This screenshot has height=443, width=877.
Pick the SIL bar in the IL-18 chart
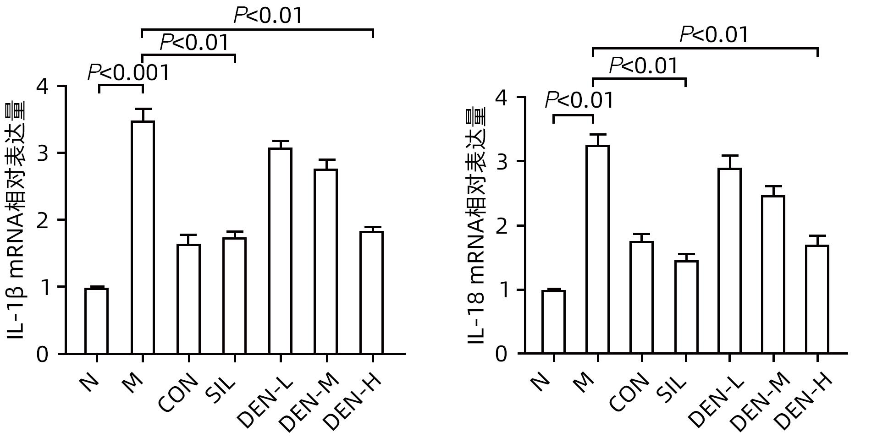coord(686,307)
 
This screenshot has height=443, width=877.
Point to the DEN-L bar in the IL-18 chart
coord(729,261)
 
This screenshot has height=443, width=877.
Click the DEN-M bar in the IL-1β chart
coord(326,261)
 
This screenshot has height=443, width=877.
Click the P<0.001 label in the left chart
coord(128,73)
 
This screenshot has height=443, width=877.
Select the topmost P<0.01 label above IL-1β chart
coord(268,16)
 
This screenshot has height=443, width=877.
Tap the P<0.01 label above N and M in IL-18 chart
coord(579,100)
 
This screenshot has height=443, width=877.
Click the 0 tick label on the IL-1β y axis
coord(42,354)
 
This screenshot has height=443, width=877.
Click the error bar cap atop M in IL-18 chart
coord(598,135)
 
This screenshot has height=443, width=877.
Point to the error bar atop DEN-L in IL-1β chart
coord(280,144)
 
